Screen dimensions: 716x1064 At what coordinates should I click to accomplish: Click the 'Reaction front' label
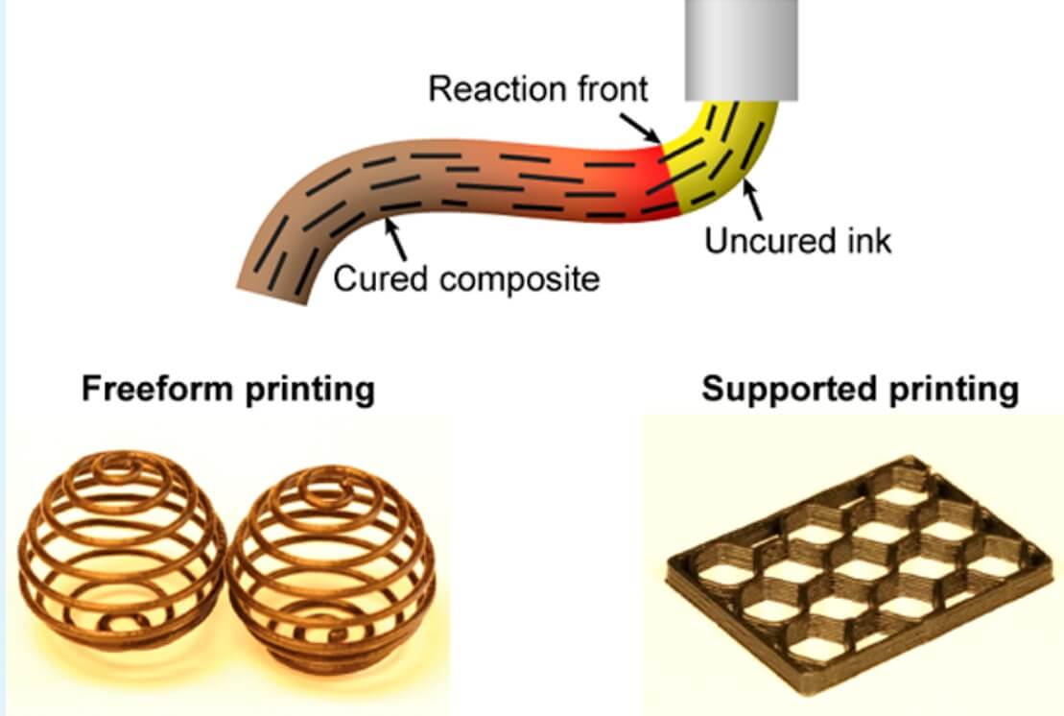(x=537, y=89)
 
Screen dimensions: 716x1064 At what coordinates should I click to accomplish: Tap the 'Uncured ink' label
(x=798, y=240)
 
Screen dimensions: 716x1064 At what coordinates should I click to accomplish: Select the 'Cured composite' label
(x=466, y=279)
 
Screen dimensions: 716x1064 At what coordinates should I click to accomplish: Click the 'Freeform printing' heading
(x=228, y=390)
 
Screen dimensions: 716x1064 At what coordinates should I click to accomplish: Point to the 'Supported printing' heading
(x=860, y=390)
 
